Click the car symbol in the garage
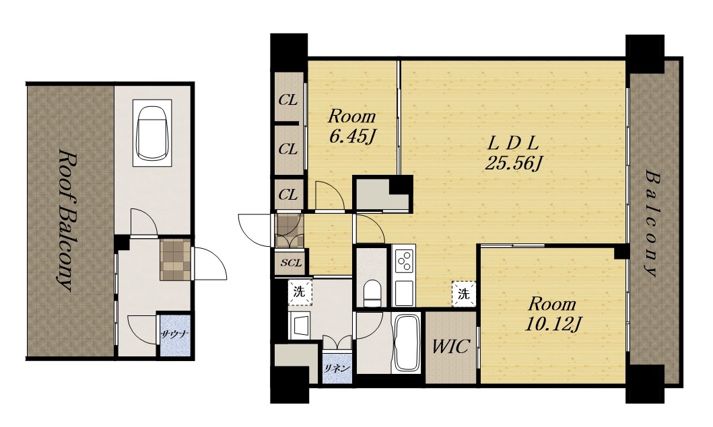click(x=152, y=133)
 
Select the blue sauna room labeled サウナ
click(x=174, y=335)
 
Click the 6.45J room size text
click(x=351, y=136)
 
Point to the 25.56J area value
click(x=514, y=163)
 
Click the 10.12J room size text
click(x=553, y=324)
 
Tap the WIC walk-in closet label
click(x=450, y=346)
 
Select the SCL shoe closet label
click(x=291, y=262)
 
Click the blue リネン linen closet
click(x=337, y=368)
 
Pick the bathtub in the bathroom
click(x=407, y=344)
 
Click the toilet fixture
click(x=372, y=293)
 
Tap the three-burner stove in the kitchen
click(x=404, y=261)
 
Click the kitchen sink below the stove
click(x=404, y=293)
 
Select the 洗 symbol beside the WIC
click(x=463, y=294)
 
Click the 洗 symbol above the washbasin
click(x=300, y=292)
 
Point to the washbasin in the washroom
click(x=300, y=325)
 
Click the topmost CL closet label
click(x=288, y=100)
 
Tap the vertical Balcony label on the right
click(x=652, y=223)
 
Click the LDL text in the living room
click(x=513, y=144)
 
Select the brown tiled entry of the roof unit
click(x=175, y=260)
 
